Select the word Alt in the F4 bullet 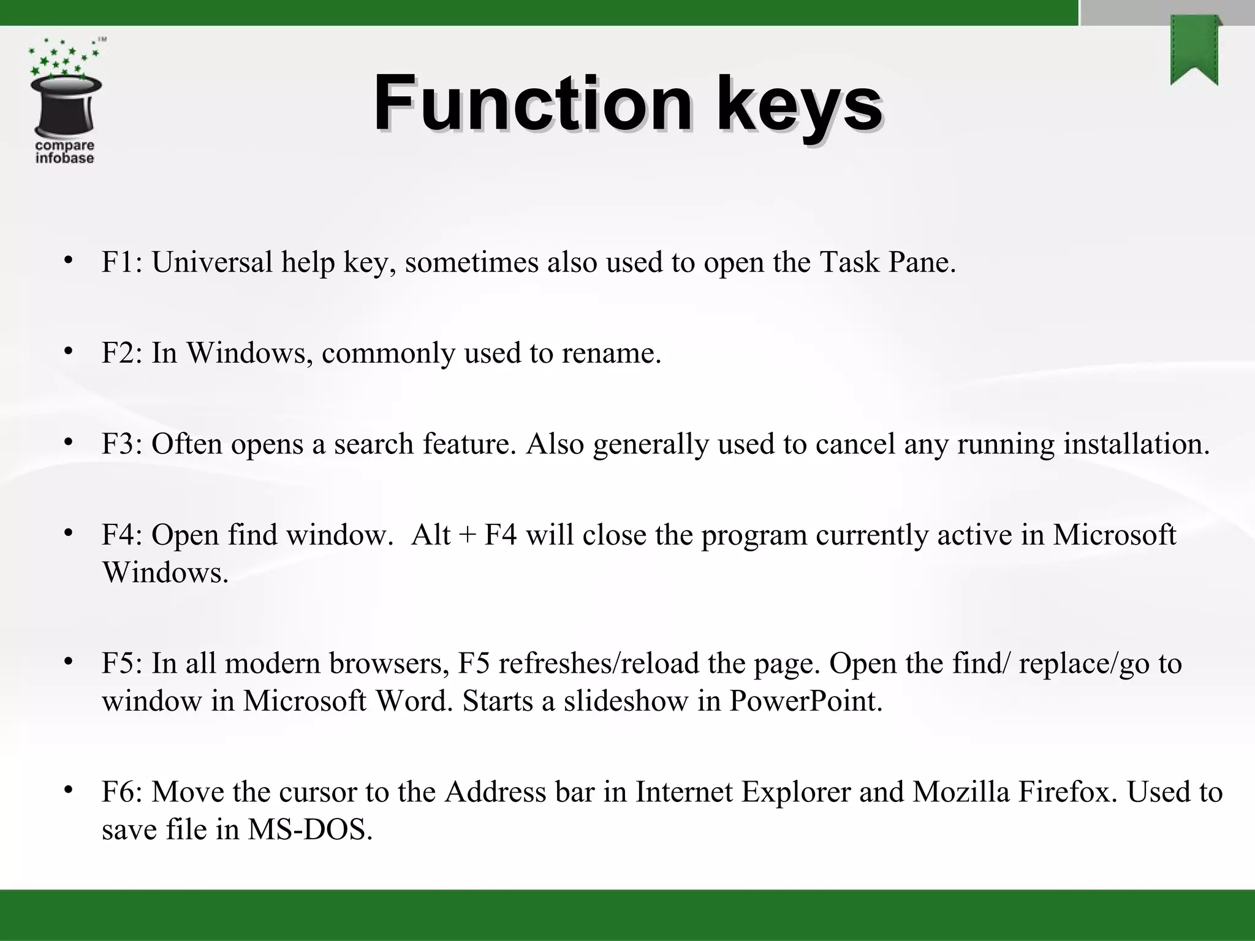tap(431, 534)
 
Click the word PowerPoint tap(805, 701)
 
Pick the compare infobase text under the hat tap(64, 152)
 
